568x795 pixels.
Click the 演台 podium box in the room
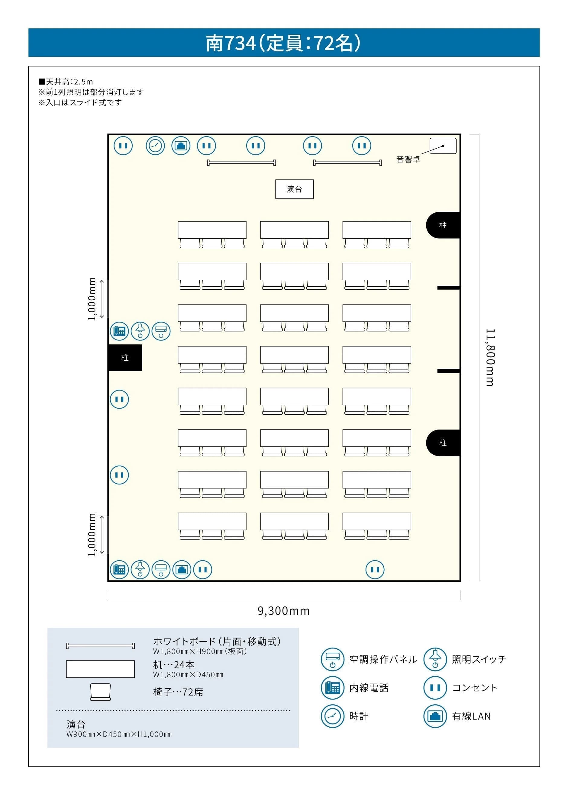pyautogui.click(x=294, y=189)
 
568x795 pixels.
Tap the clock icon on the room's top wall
pyautogui.click(x=155, y=145)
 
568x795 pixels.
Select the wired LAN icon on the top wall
pyautogui.click(x=181, y=145)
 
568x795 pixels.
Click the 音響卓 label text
pyautogui.click(x=408, y=159)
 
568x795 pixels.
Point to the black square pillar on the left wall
pyautogui.click(x=125, y=357)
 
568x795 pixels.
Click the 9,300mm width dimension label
pyautogui.click(x=284, y=611)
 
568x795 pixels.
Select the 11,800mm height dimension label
pyautogui.click(x=490, y=357)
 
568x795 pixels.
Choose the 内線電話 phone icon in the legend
pyautogui.click(x=332, y=688)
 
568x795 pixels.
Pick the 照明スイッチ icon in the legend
pyautogui.click(x=435, y=659)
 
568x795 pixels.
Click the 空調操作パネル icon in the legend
pyautogui.click(x=332, y=659)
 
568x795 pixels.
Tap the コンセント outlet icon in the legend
pyautogui.click(x=435, y=688)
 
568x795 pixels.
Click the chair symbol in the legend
pyautogui.click(x=100, y=692)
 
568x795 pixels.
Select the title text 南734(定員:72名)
pyautogui.click(x=283, y=43)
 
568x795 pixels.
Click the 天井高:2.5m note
pyautogui.click(x=66, y=82)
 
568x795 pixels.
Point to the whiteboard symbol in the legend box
pyautogui.click(x=100, y=646)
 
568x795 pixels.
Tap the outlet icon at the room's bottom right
pyautogui.click(x=375, y=569)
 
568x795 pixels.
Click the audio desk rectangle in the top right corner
pyautogui.click(x=443, y=146)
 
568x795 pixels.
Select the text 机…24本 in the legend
pyautogui.click(x=173, y=665)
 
